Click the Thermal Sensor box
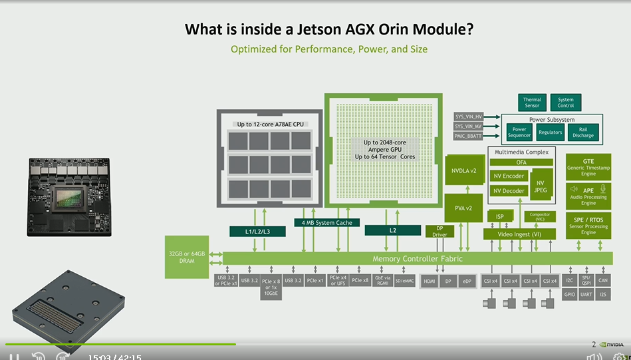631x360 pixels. [532, 102]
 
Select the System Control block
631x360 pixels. [565, 102]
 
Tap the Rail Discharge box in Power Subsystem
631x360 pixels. [583, 132]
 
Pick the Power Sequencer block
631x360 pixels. [519, 132]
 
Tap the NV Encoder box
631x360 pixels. [509, 176]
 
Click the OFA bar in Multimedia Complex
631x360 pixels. [521, 162]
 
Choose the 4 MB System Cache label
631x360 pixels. [327, 222]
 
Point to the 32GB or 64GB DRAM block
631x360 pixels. [186, 257]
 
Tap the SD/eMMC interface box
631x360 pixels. [404, 281]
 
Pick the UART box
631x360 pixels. [586, 294]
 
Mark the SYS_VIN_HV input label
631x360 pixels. [468, 116]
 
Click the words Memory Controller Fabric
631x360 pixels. [417, 258]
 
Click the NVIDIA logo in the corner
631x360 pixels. [611, 345]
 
